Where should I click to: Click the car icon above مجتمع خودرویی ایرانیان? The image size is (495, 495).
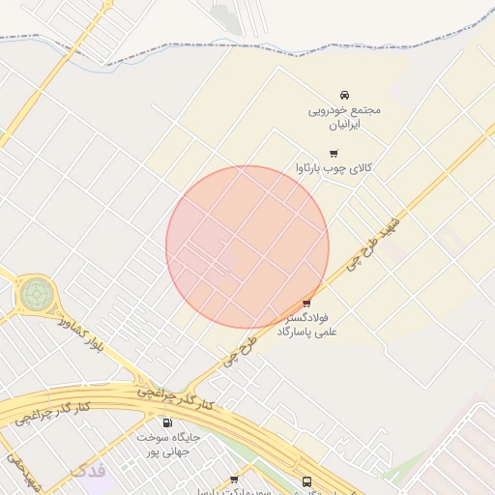tap(344, 95)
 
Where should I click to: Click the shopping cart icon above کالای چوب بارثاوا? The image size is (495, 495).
tap(335, 153)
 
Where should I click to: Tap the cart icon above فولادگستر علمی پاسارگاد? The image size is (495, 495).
tap(307, 303)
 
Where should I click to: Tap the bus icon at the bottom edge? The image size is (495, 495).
tap(306, 481)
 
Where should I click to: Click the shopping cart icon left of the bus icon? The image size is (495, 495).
tap(234, 480)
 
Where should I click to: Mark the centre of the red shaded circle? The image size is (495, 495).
tap(247, 247)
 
